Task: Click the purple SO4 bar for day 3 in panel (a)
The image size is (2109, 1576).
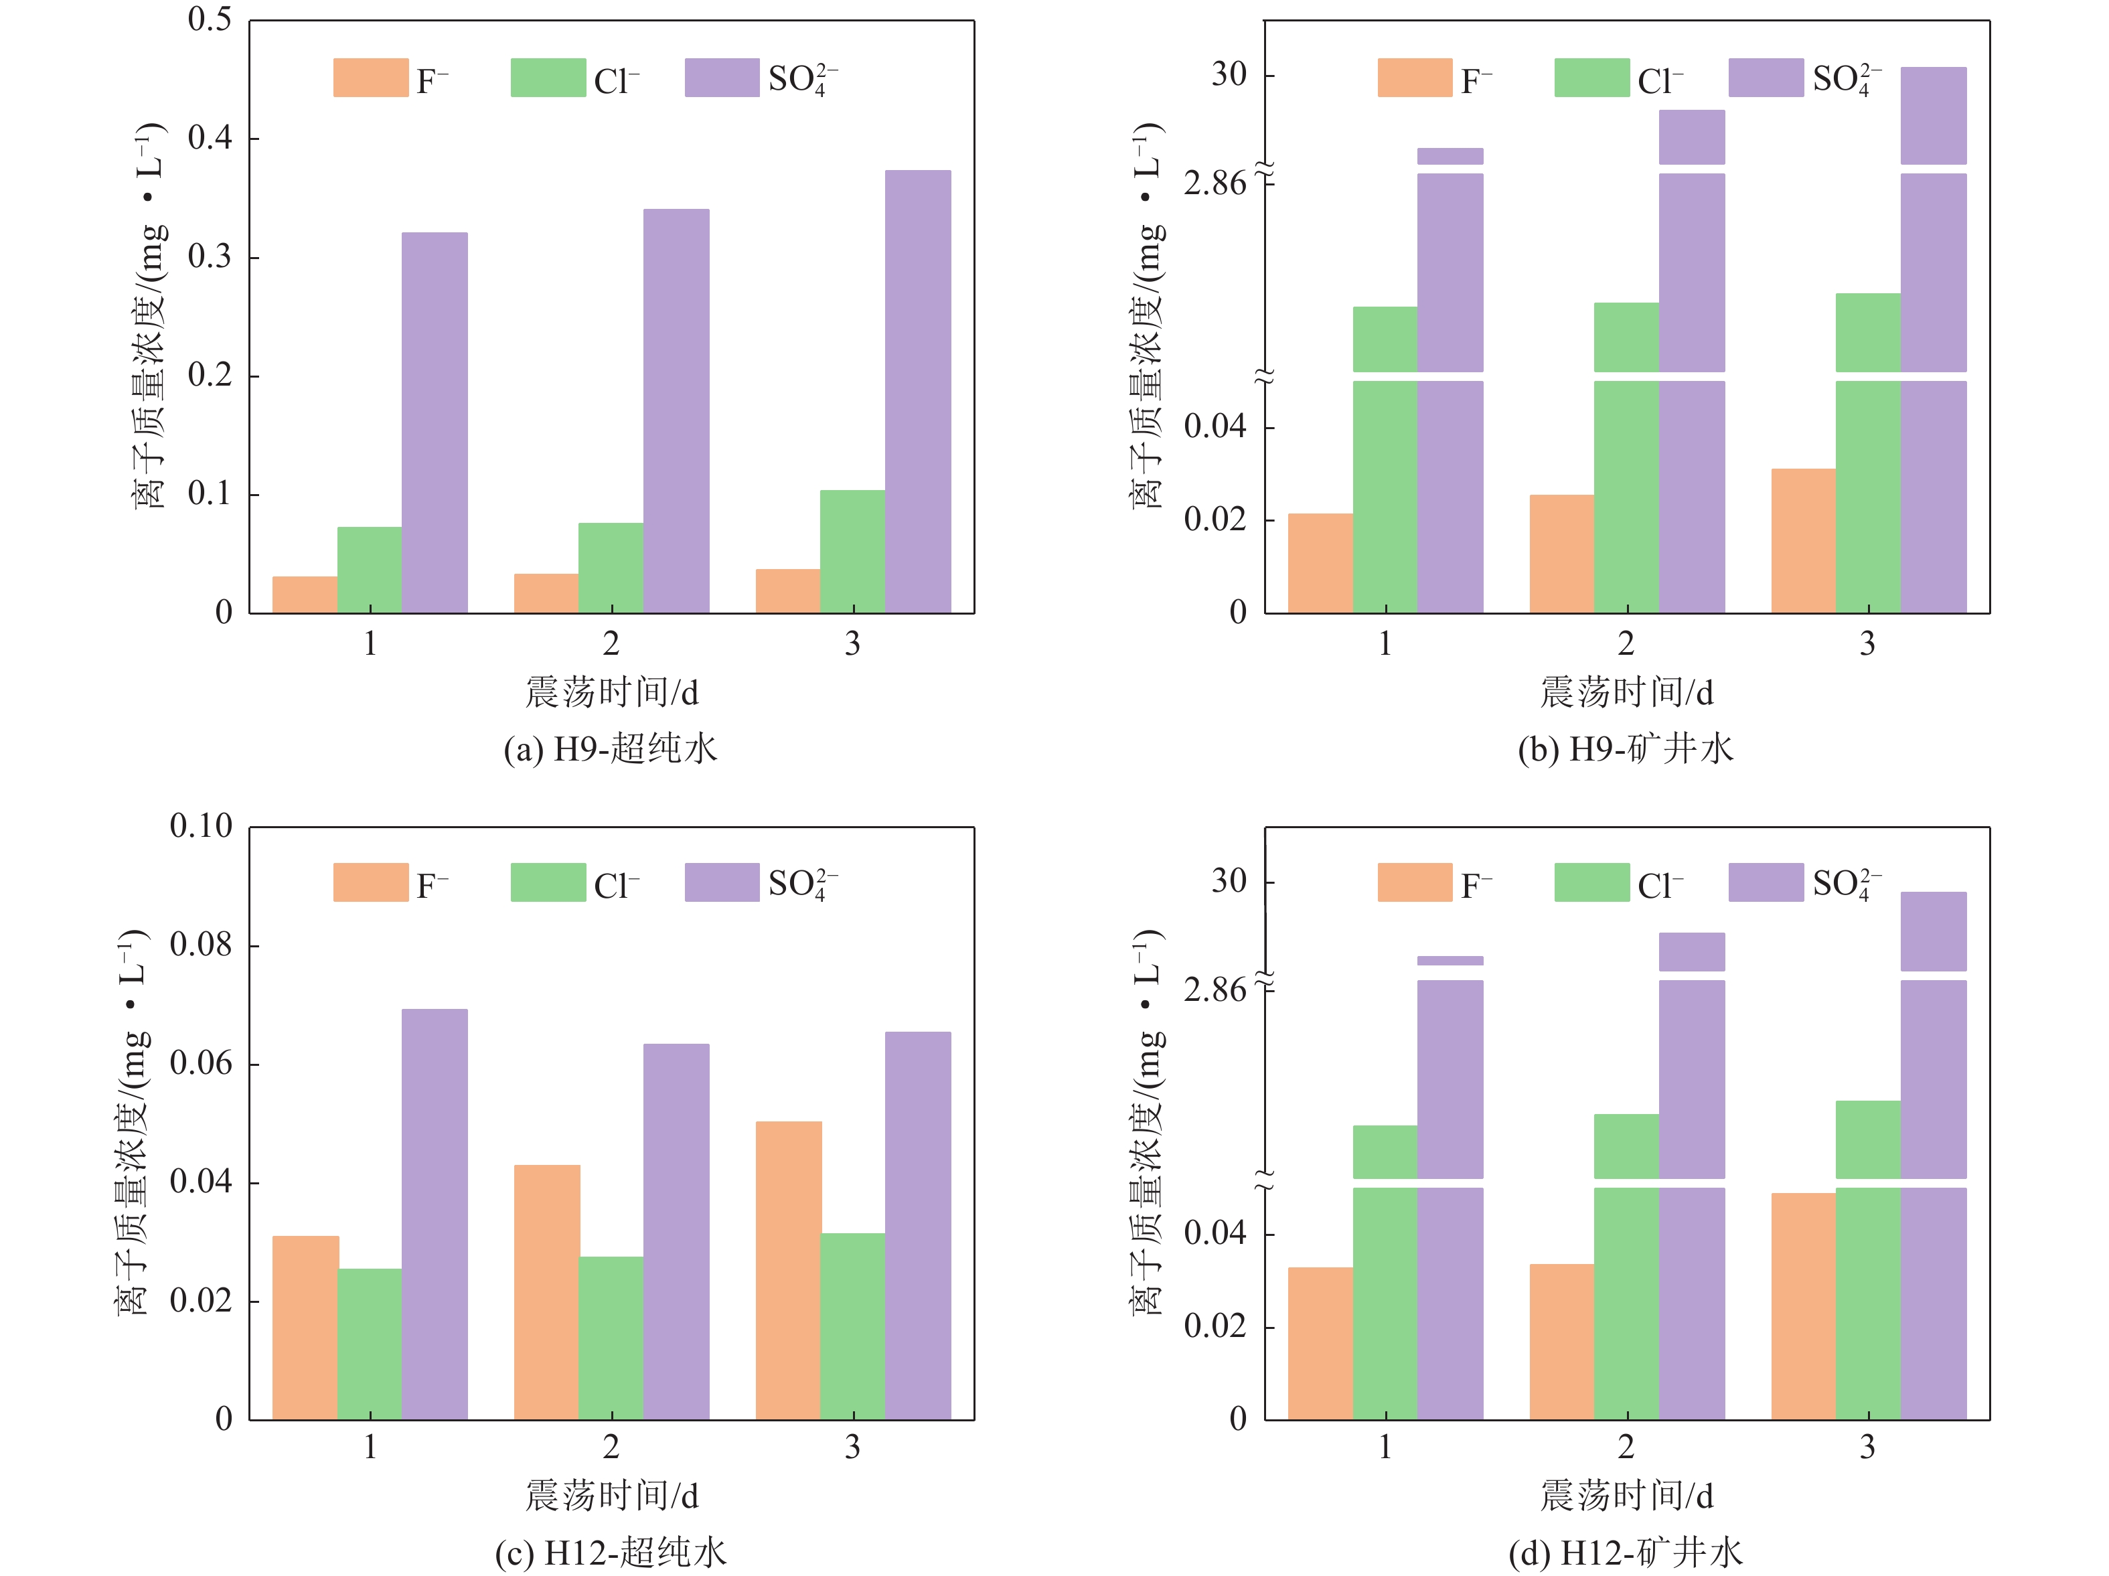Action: point(917,391)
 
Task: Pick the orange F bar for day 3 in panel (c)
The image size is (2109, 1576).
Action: point(787,1270)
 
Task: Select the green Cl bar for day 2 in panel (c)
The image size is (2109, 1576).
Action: point(610,1338)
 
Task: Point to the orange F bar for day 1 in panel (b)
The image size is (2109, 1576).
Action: point(1320,562)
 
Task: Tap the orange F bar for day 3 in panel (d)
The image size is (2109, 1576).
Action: point(1803,1306)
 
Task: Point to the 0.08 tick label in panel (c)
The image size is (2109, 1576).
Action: point(200,945)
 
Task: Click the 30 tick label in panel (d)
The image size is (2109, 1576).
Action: point(1229,881)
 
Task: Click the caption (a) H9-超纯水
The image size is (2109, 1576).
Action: point(610,749)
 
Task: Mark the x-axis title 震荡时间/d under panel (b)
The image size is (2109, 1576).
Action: point(1626,693)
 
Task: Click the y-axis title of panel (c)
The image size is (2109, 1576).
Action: point(133,1122)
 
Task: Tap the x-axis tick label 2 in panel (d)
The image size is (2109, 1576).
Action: point(1626,1448)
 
